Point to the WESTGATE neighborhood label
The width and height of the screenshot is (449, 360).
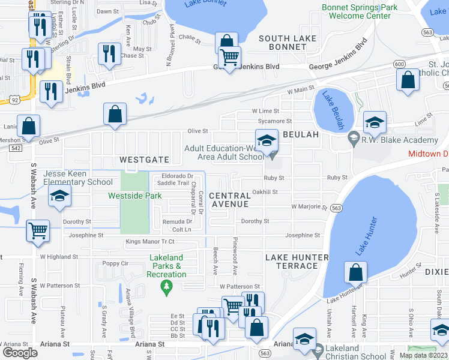coord(142,160)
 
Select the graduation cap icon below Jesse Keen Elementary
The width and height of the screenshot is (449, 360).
coord(59,196)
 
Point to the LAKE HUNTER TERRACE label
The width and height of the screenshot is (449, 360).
coord(297,262)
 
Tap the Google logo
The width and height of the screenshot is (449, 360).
coord(20,353)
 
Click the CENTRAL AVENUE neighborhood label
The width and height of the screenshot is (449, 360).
coord(230,200)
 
